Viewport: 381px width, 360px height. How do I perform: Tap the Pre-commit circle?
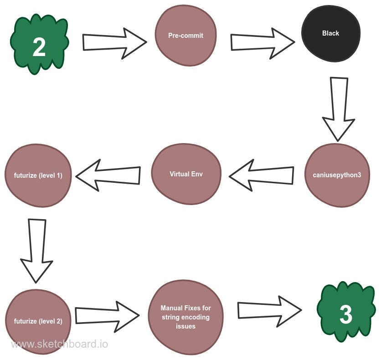185,36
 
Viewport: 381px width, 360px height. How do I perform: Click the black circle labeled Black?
330,33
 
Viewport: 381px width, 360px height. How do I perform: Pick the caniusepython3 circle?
337,175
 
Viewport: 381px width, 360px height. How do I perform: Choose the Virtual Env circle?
186,174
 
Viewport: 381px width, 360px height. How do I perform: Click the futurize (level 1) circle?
38,175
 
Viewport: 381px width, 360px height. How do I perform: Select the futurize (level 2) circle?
38,321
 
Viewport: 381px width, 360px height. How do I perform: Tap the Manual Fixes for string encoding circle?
185,317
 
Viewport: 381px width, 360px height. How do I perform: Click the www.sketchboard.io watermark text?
59,344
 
